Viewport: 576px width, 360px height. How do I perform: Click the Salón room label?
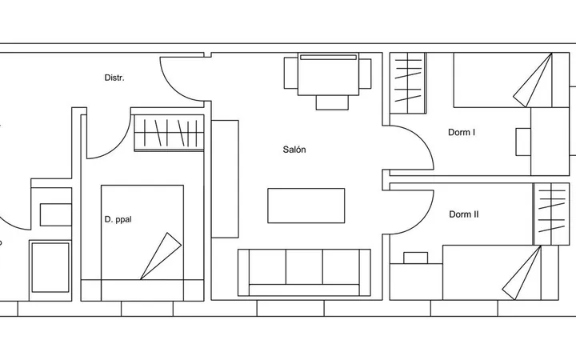pos(294,150)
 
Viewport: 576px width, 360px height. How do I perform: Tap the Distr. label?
pos(114,78)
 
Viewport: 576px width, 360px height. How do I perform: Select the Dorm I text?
pos(462,132)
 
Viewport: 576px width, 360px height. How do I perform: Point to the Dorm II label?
pos(463,214)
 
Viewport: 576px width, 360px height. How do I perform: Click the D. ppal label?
pos(118,219)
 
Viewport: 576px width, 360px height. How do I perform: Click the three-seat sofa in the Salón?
pos(304,272)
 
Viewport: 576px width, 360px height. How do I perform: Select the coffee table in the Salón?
pos(306,206)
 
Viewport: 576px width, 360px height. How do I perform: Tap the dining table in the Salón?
pos(328,74)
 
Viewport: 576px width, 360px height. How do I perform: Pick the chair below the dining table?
pos(332,102)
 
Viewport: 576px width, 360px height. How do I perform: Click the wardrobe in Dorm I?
pos(408,83)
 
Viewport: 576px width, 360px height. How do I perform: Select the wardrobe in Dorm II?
pos(551,214)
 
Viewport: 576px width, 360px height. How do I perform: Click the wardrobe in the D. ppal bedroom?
pos(169,133)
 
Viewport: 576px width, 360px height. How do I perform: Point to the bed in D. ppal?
pos(142,243)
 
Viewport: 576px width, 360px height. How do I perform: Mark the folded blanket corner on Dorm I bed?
pos(533,82)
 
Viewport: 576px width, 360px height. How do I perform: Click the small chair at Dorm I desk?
pos(523,142)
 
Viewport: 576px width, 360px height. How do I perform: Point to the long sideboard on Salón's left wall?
pos(225,179)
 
